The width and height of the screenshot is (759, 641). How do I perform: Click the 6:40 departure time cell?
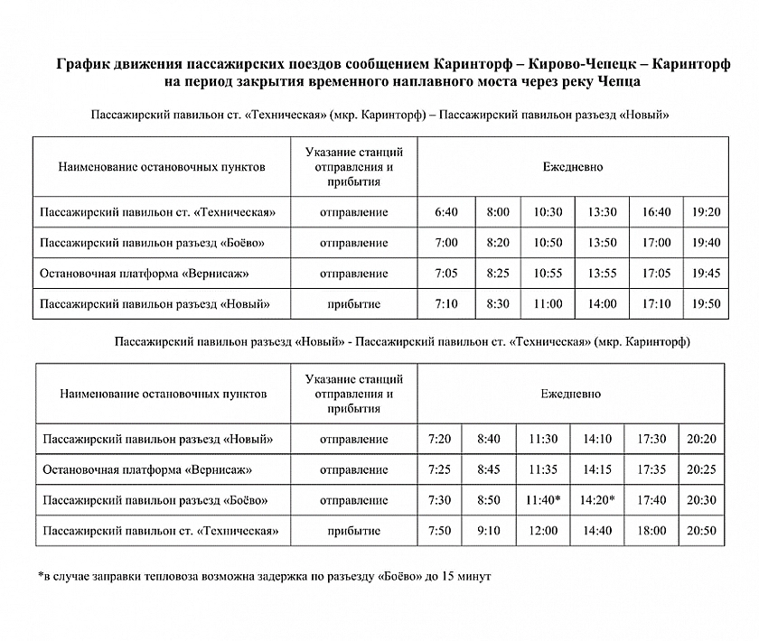[x=446, y=212]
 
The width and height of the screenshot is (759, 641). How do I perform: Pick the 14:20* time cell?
[x=598, y=500]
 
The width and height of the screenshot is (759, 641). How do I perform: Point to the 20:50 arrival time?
[x=701, y=531]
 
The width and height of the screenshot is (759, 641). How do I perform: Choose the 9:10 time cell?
[x=488, y=531]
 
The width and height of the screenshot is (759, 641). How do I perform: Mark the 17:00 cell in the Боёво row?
[x=656, y=243]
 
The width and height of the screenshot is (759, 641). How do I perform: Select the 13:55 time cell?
[x=602, y=273]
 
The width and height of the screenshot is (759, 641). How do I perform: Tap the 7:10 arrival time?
[x=446, y=303]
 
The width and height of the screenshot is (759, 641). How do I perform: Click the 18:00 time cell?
[x=651, y=531]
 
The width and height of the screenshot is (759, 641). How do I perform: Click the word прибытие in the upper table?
[x=354, y=303]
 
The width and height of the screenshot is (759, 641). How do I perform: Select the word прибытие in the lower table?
[x=354, y=531]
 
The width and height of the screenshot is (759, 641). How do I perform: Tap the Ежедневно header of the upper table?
[x=573, y=167]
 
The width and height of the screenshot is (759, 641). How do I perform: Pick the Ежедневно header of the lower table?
[x=571, y=395]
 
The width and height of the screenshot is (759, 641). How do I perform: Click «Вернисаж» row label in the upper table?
[x=145, y=273]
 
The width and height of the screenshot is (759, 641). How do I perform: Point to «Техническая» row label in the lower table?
[x=162, y=531]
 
